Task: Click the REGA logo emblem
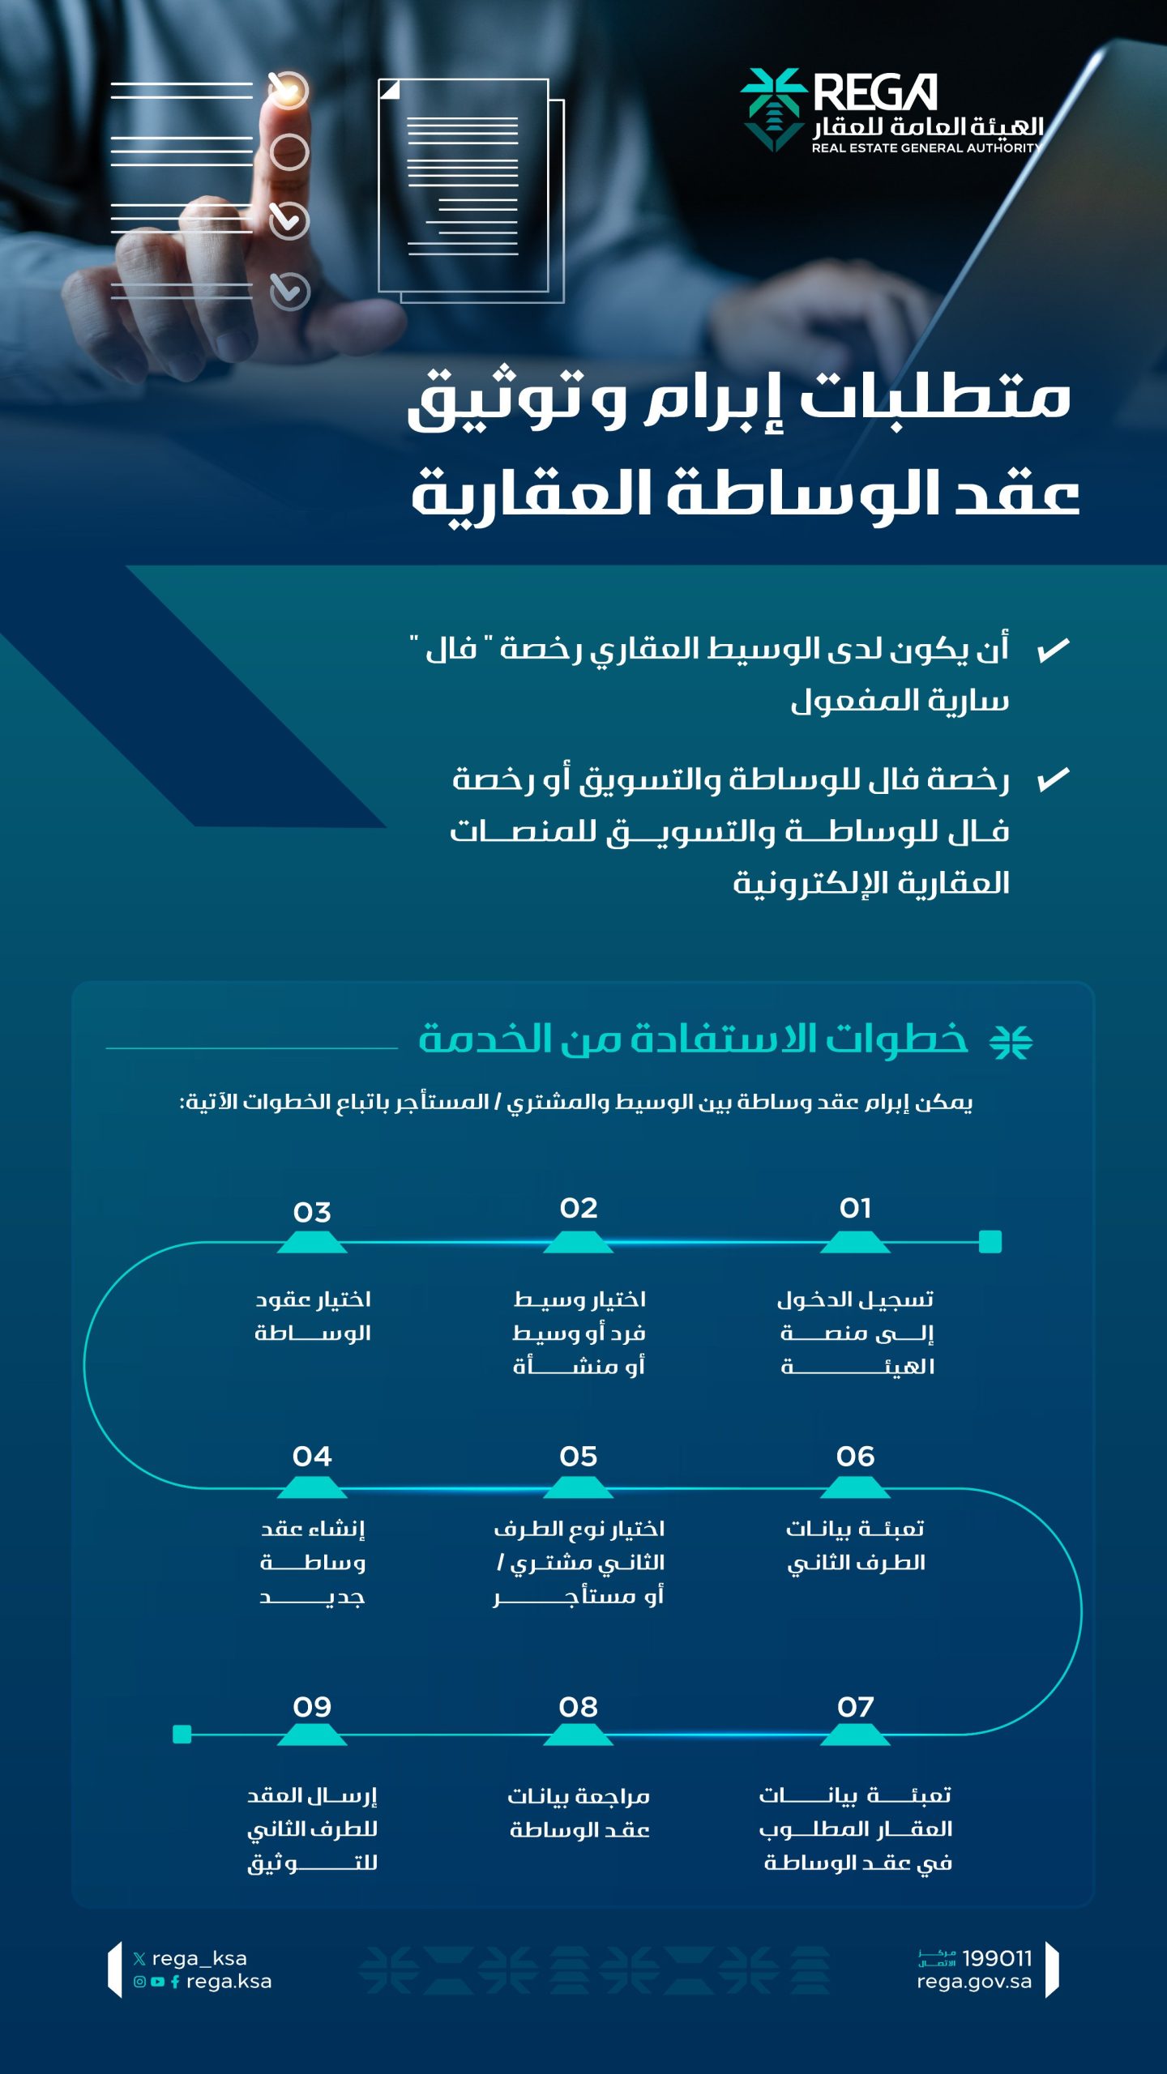(x=772, y=109)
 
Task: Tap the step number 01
(x=855, y=1209)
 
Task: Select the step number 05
(x=578, y=1457)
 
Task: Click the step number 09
(x=312, y=1707)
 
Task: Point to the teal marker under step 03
(x=312, y=1243)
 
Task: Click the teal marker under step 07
(x=855, y=1735)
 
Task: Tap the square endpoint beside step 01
(x=990, y=1241)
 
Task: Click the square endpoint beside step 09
(x=182, y=1734)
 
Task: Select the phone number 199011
(x=997, y=1958)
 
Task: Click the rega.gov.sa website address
(x=974, y=1982)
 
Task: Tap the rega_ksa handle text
(x=199, y=1958)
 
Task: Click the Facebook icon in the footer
(x=175, y=1982)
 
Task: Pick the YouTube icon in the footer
(x=157, y=1982)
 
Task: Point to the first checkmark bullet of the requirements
(x=1054, y=650)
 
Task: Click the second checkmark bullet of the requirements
(x=1054, y=779)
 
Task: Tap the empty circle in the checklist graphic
(x=289, y=152)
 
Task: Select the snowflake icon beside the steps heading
(x=1011, y=1042)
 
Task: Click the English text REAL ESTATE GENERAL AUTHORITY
(x=926, y=148)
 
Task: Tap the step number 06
(x=855, y=1457)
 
